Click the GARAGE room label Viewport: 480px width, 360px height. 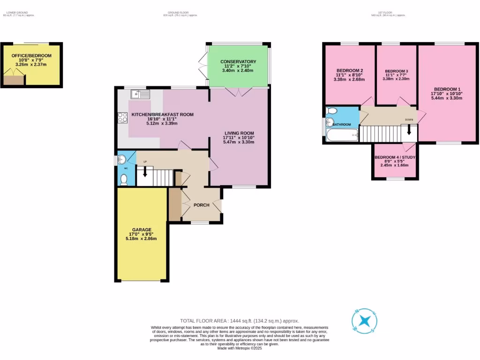coord(141,230)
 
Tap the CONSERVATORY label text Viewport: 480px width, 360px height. coord(238,62)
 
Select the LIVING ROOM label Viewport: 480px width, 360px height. coord(239,133)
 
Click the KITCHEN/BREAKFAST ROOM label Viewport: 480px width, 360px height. coord(162,114)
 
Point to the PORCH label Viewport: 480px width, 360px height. coord(202,205)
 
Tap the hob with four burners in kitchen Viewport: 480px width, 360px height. coord(123,118)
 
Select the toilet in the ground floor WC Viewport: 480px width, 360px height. coord(124,179)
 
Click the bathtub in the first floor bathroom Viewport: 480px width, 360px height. coord(341,136)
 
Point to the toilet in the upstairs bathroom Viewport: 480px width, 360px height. coord(332,111)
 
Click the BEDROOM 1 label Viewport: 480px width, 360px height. coord(447,89)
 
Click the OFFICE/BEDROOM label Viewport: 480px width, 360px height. coord(31,56)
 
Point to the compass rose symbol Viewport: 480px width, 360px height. coord(365,321)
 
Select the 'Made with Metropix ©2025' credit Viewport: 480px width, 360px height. coord(240,348)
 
